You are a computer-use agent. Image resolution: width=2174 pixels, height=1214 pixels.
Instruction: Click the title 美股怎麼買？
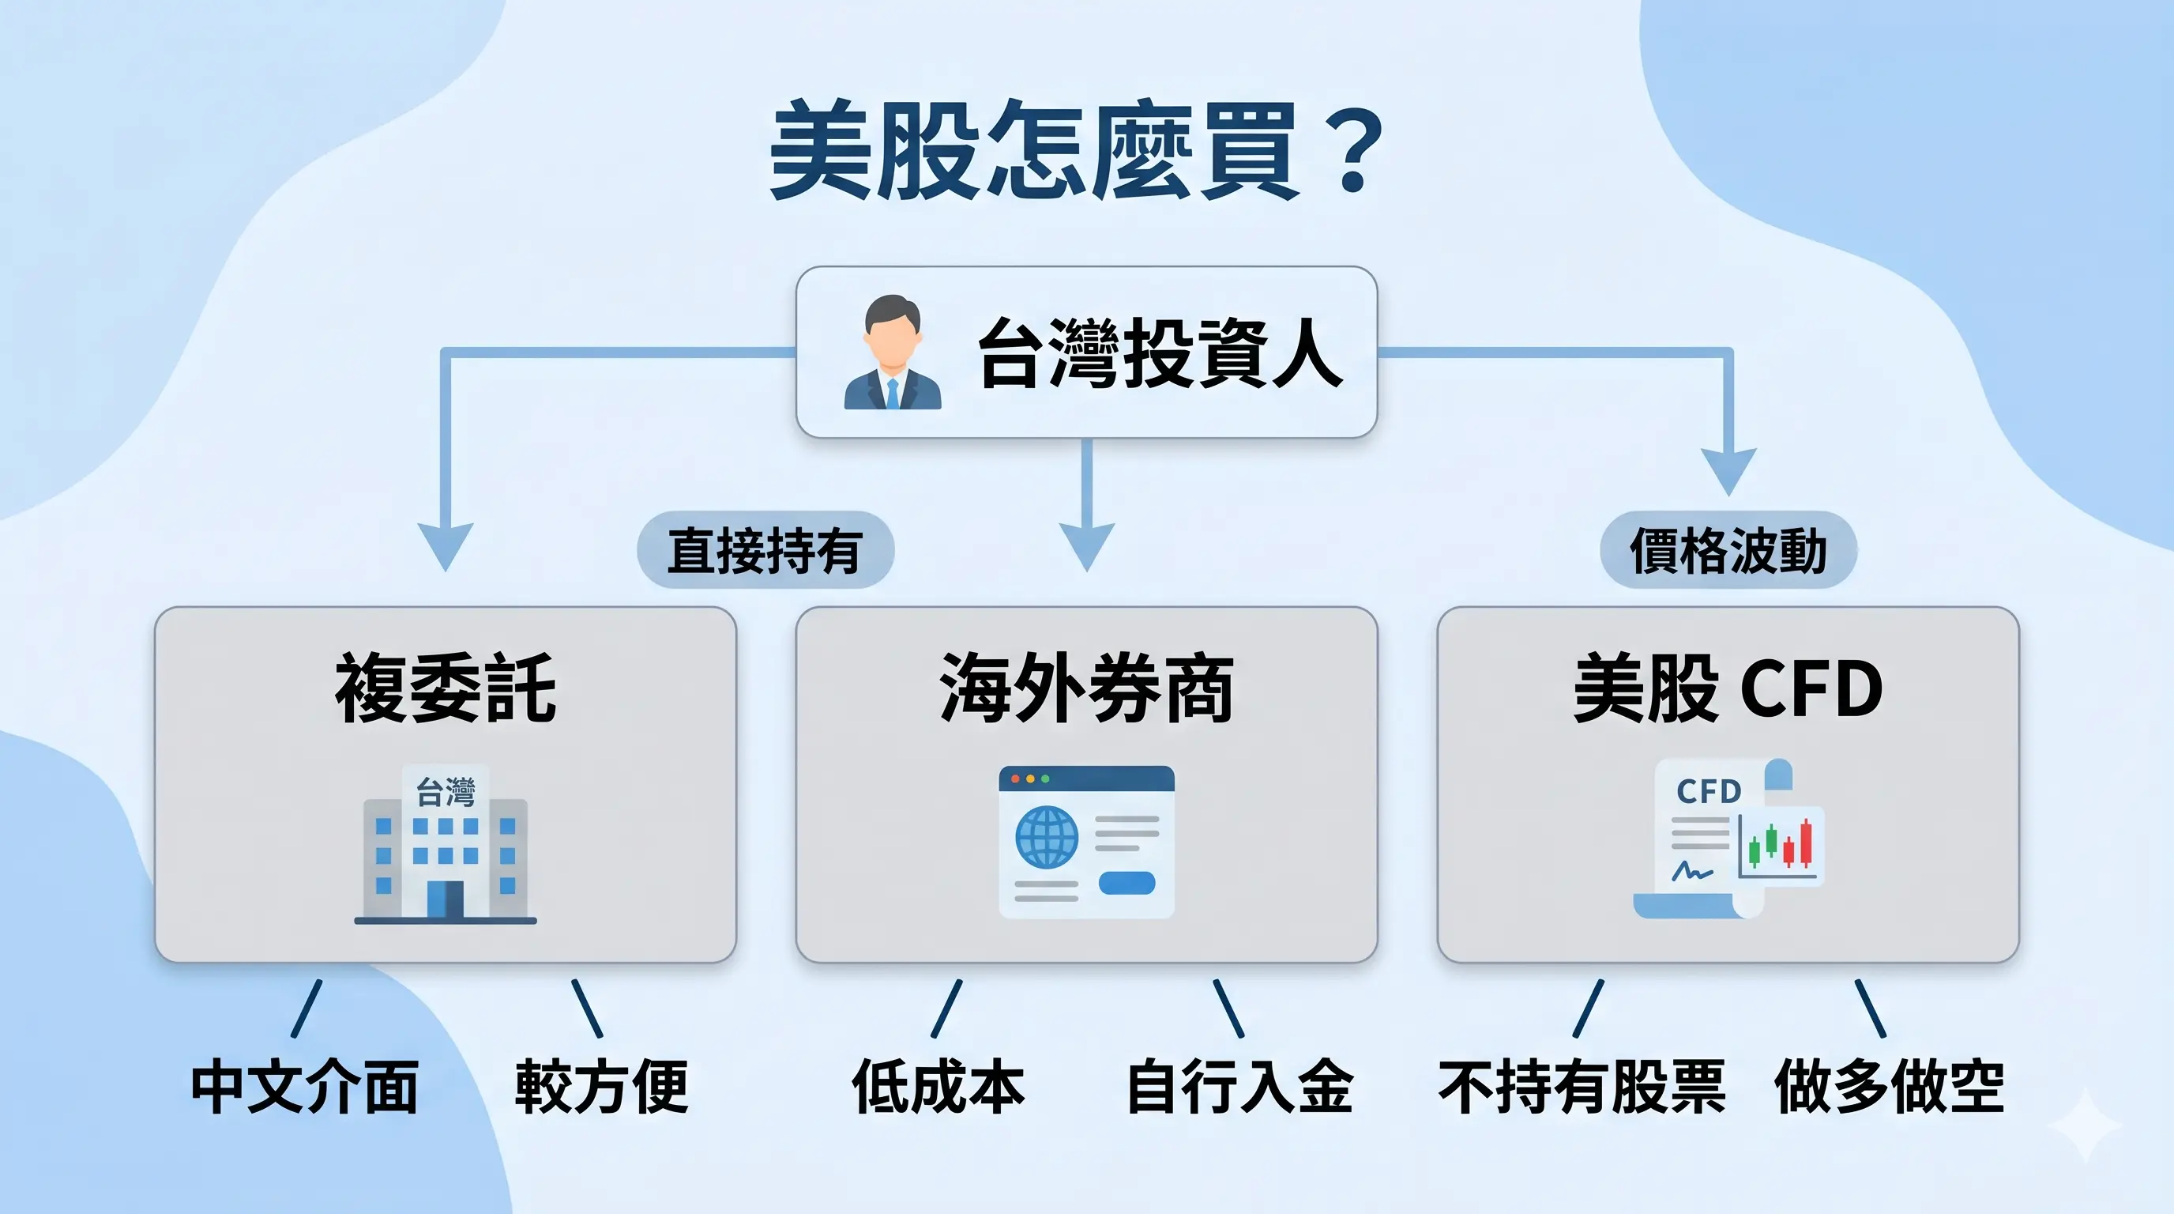click(1076, 150)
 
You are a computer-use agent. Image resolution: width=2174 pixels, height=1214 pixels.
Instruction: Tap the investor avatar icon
click(892, 353)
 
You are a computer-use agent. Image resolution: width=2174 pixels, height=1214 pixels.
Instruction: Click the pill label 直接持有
click(765, 550)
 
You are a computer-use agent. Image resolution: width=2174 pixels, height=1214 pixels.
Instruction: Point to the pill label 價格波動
click(1728, 550)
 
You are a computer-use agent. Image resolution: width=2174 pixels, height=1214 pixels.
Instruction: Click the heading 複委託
click(446, 688)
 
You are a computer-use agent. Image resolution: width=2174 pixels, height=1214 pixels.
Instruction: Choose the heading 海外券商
click(1086, 688)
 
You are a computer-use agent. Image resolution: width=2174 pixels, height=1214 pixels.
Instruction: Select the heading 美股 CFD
click(1728, 688)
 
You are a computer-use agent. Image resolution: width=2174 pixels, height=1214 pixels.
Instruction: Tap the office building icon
click(446, 844)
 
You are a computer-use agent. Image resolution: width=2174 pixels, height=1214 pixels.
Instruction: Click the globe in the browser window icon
click(1047, 838)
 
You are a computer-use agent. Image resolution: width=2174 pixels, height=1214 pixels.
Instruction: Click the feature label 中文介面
click(305, 1088)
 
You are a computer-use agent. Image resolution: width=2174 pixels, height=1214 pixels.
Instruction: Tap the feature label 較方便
click(602, 1088)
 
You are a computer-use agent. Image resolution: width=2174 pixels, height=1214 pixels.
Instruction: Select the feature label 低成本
click(938, 1088)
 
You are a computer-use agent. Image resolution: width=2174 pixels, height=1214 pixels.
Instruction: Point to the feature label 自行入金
click(1240, 1088)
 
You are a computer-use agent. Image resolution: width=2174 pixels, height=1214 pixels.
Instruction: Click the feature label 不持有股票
click(1582, 1088)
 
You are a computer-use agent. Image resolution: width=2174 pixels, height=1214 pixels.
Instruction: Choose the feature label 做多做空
click(1889, 1088)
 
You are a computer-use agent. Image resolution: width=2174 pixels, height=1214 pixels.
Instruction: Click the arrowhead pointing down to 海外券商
click(1087, 545)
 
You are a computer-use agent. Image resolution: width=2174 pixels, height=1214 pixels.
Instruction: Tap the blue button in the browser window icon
click(1126, 883)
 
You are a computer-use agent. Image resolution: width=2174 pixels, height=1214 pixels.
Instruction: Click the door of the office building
click(446, 899)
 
